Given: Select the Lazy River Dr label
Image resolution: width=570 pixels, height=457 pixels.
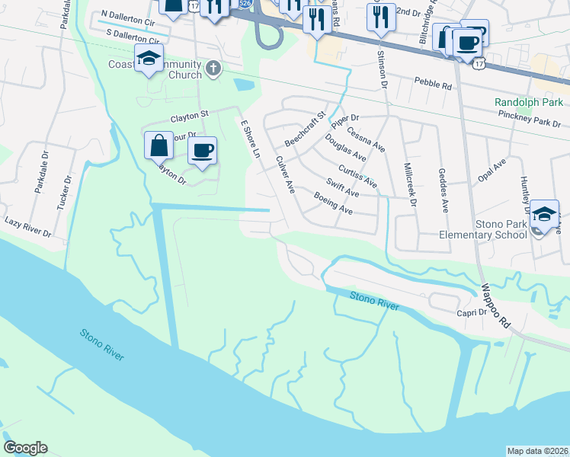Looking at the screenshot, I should point(27,225).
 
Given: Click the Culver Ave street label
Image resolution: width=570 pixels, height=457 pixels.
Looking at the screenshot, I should point(285,174).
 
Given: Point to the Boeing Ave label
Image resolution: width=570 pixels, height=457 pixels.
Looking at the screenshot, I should point(333,202).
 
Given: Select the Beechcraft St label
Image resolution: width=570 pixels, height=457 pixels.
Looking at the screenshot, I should point(305,129).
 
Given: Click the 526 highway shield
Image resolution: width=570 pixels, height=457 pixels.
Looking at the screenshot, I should point(244,3).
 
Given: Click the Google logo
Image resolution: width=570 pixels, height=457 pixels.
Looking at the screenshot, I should point(25,448).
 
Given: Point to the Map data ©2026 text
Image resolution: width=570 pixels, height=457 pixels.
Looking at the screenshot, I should point(536,451).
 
